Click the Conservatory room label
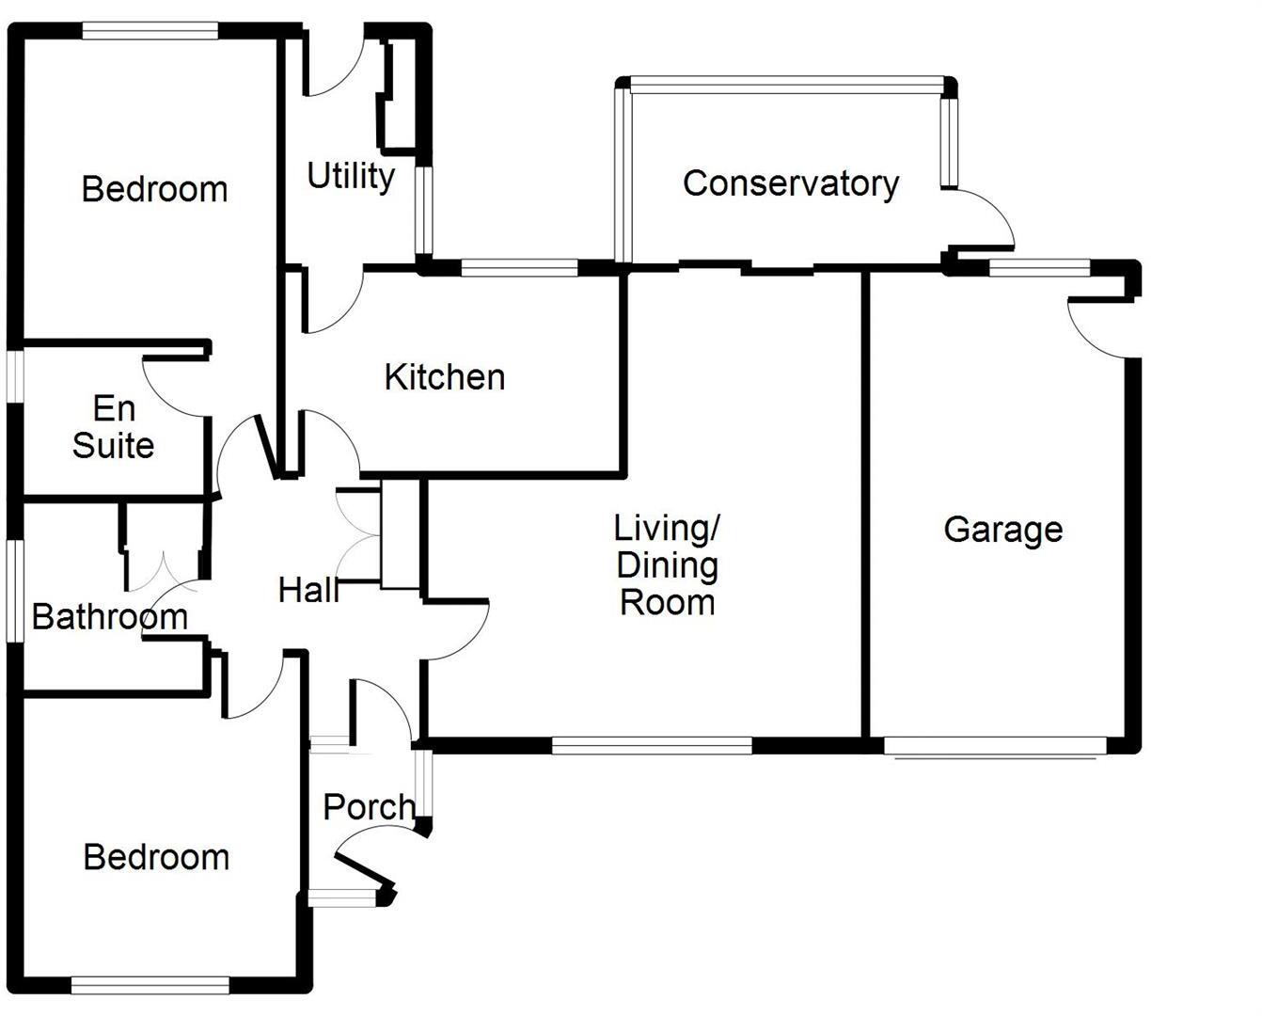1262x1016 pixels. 790,183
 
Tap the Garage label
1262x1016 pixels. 1002,530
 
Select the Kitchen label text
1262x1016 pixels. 444,377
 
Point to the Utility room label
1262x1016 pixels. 351,176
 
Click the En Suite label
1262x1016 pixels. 113,427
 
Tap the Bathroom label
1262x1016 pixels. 109,617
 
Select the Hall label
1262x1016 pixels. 308,591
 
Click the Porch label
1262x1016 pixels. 368,807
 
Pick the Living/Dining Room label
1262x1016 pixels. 667,564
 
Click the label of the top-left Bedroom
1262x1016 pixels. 154,189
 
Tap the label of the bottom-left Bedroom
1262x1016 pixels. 156,857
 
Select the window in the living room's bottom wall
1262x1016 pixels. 652,746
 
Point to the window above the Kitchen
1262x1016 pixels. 519,268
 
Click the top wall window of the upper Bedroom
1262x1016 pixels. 150,31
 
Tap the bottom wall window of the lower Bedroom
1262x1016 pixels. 150,985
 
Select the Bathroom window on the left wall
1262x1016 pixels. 14,590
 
